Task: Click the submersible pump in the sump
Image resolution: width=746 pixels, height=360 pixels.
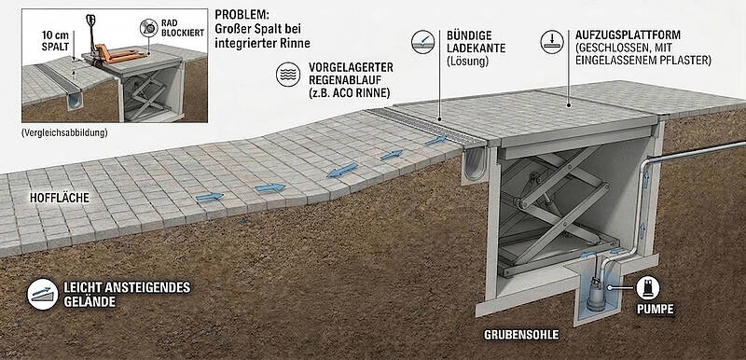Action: [x=596, y=295]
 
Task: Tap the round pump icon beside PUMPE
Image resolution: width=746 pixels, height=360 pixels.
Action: [x=647, y=288]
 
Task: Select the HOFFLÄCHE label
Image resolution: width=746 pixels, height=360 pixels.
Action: [x=60, y=199]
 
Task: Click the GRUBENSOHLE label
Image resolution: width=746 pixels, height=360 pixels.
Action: [x=521, y=335]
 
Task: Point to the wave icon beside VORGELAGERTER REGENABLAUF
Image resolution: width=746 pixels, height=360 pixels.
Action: [x=288, y=75]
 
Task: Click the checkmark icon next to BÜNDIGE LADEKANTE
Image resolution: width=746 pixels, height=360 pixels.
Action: [x=423, y=41]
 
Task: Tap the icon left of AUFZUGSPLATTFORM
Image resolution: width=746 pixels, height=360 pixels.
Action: [x=552, y=41]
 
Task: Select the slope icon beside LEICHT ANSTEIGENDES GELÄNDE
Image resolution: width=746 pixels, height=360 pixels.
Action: [x=43, y=294]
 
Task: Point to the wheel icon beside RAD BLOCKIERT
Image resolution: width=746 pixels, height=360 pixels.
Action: [x=149, y=28]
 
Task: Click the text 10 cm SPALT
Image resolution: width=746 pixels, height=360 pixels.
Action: [x=55, y=42]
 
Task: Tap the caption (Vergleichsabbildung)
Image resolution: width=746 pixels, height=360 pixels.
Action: [x=64, y=132]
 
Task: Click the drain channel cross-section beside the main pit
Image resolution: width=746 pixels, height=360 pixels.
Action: [x=475, y=166]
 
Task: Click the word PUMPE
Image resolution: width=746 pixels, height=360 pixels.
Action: [x=656, y=309]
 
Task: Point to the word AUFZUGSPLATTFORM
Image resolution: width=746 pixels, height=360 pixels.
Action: [x=628, y=35]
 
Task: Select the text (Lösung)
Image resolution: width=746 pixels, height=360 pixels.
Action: [x=467, y=61]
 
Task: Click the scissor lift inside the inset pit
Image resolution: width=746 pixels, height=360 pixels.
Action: [x=145, y=94]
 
